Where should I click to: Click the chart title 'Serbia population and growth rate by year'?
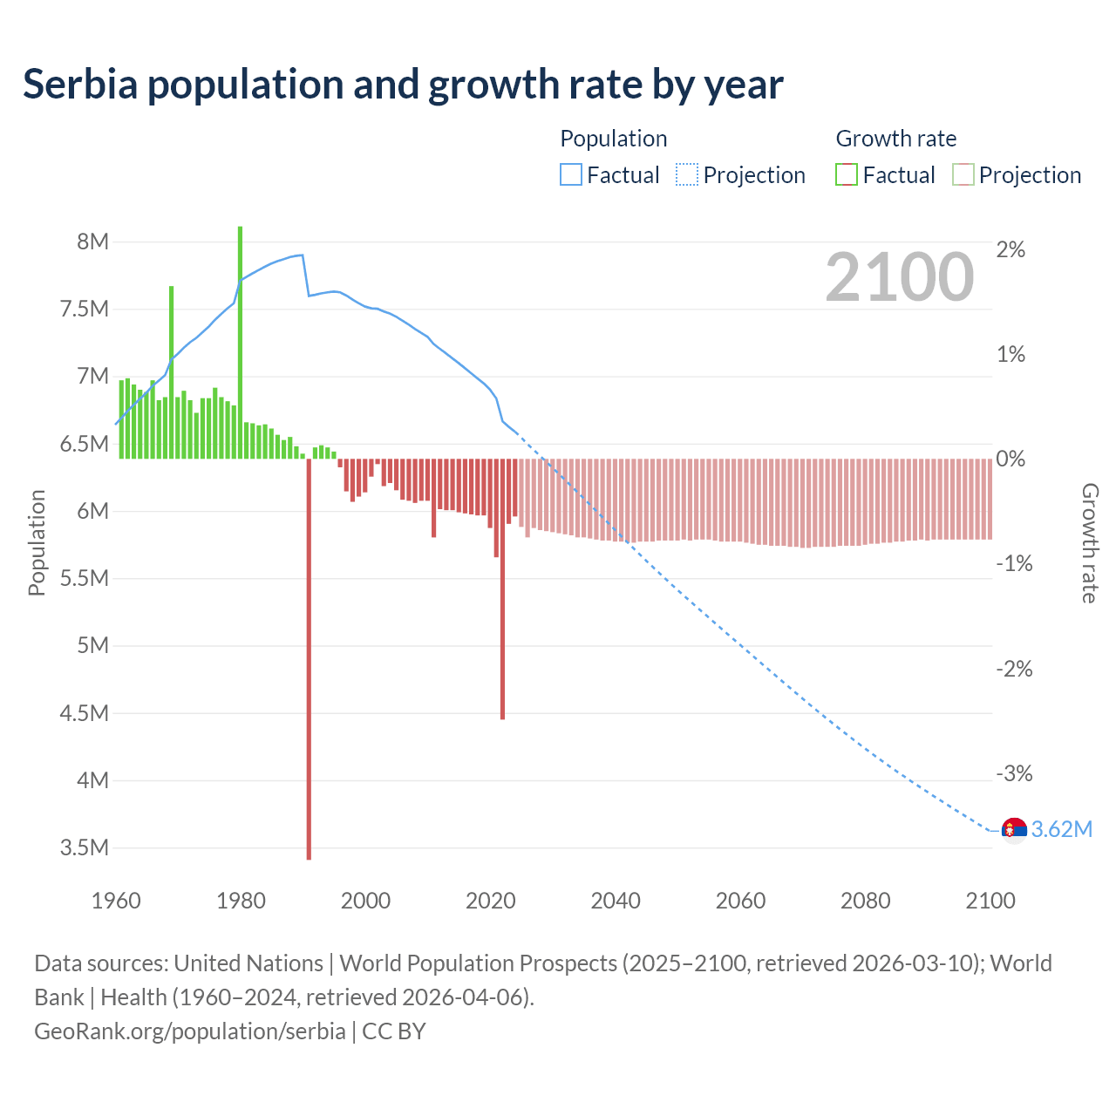click(403, 85)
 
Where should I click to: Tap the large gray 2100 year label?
click(899, 277)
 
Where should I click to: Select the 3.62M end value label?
click(1061, 829)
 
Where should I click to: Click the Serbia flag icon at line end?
click(1014, 830)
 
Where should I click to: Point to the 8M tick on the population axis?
click(92, 242)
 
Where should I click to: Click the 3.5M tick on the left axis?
click(85, 847)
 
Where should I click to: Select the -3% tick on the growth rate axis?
click(1014, 773)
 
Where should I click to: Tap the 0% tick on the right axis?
click(1011, 459)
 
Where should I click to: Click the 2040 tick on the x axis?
click(616, 901)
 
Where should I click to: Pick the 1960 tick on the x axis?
click(116, 901)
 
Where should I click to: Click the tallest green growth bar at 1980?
click(240, 340)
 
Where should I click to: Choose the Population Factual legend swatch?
click(570, 175)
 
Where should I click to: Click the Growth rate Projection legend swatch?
click(963, 175)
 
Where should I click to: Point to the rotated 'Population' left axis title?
click(37, 542)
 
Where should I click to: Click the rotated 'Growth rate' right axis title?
click(1090, 542)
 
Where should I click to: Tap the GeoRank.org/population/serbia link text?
click(190, 1031)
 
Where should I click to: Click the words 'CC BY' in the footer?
click(394, 1031)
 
